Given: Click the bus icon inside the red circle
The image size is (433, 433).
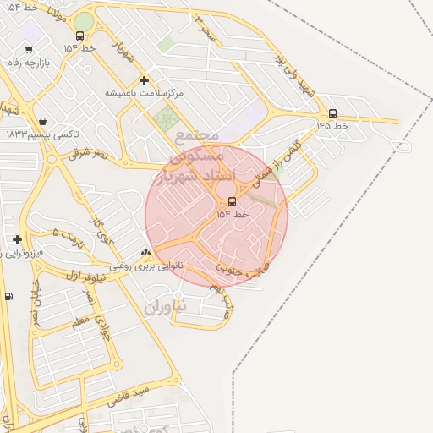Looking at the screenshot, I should coord(232,200).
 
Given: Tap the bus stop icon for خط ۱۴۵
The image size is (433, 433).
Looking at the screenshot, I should coord(332,113).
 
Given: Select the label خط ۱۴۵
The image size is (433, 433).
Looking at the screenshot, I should coord(332,125).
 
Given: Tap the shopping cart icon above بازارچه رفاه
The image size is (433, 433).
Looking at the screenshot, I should coord(29,50).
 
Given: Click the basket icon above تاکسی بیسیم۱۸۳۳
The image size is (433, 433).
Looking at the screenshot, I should coord(42,121).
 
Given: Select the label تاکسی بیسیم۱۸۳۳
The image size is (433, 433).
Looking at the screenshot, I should coord(42,134).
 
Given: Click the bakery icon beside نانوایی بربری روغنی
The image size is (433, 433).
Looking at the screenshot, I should coord(146,252).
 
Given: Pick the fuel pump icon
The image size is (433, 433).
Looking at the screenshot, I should coord(8,296).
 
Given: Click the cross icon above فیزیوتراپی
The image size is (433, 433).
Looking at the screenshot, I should coord(17,239).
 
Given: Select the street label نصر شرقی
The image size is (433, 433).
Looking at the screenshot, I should coord(89,154).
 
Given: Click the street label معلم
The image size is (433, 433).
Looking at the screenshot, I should coord(81,321).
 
